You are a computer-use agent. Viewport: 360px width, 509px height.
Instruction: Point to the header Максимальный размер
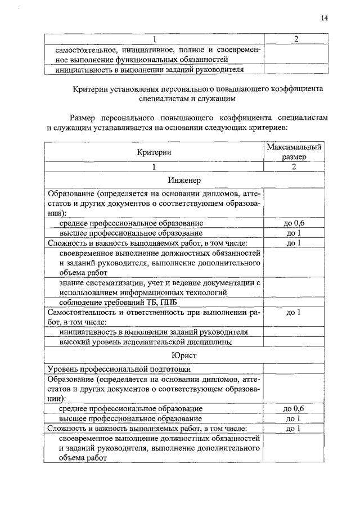[294, 152]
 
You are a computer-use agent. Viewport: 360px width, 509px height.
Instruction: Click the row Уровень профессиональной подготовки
[119, 370]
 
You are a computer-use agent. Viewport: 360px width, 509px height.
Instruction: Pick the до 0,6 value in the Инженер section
[295, 223]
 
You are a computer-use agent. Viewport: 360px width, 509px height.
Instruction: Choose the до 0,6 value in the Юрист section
[295, 409]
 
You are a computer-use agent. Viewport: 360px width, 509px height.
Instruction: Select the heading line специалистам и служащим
[184, 97]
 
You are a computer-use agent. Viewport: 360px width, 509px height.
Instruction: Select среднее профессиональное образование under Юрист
[130, 409]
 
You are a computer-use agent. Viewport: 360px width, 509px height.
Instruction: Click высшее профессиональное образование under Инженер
[130, 233]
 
